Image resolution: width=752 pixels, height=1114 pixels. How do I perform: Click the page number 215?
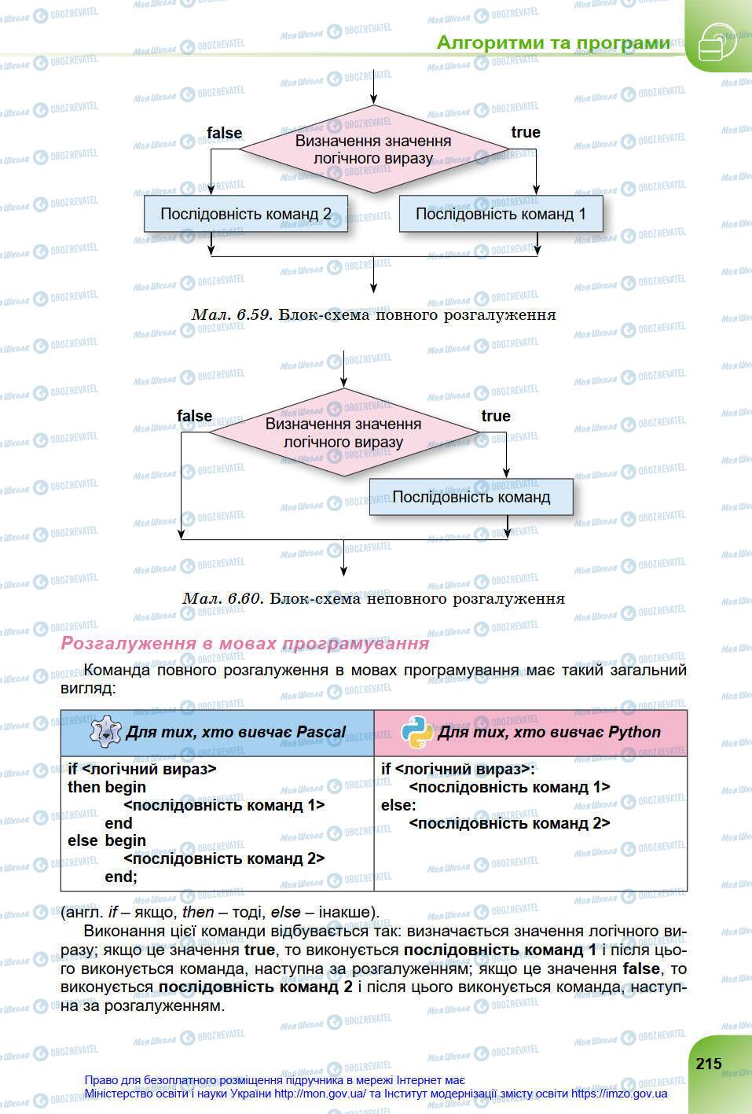[708, 1063]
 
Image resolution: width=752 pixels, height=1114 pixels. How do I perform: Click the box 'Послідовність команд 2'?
[245, 214]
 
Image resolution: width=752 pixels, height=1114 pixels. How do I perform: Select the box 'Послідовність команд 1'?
[501, 214]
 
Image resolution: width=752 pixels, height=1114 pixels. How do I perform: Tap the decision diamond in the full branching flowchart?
[373, 149]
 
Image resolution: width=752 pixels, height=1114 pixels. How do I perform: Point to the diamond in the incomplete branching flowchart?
[343, 432]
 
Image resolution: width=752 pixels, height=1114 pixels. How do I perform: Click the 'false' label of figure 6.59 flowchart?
[224, 133]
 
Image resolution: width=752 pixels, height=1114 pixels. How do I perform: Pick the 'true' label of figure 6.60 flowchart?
[495, 416]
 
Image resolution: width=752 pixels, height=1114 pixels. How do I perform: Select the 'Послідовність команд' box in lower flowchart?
[471, 497]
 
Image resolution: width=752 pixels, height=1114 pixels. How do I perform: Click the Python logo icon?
[417, 731]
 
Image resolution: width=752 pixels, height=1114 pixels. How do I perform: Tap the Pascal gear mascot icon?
[105, 731]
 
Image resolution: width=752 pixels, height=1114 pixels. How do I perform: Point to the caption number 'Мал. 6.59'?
[232, 314]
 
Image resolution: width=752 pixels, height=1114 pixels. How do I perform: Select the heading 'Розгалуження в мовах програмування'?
[245, 643]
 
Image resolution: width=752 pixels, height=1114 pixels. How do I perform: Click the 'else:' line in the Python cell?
[398, 805]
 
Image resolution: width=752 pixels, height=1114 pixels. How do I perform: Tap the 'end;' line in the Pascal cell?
[120, 876]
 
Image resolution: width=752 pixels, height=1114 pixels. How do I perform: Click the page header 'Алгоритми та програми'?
[553, 42]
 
